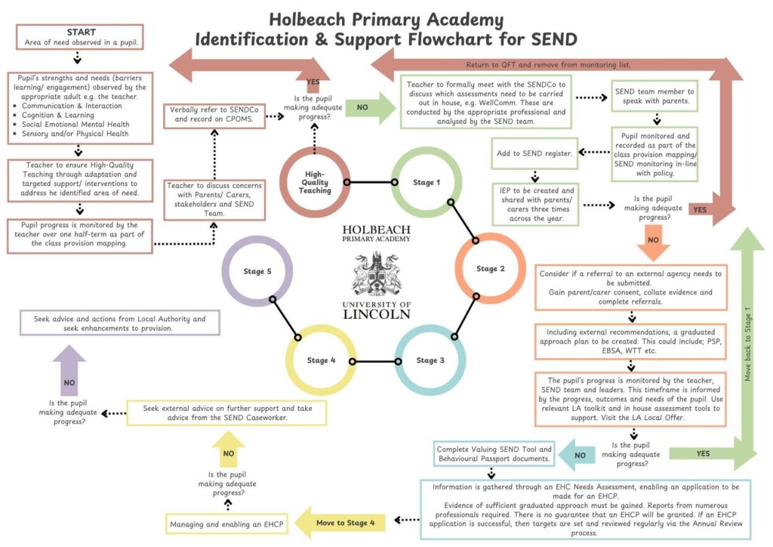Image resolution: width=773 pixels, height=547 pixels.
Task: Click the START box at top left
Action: [81, 37]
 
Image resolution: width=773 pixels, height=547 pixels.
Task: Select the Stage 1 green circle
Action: [423, 182]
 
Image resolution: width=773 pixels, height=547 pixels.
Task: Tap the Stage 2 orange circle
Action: [486, 269]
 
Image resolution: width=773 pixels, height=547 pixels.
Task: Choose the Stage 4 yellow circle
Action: [321, 360]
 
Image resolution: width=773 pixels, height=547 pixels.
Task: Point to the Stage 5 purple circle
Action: [257, 271]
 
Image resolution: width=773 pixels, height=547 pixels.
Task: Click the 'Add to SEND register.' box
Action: [534, 153]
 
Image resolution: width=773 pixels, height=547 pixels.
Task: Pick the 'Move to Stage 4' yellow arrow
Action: [340, 521]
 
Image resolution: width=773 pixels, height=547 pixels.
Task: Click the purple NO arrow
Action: [69, 373]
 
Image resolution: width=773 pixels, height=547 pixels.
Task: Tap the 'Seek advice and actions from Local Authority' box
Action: [119, 323]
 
